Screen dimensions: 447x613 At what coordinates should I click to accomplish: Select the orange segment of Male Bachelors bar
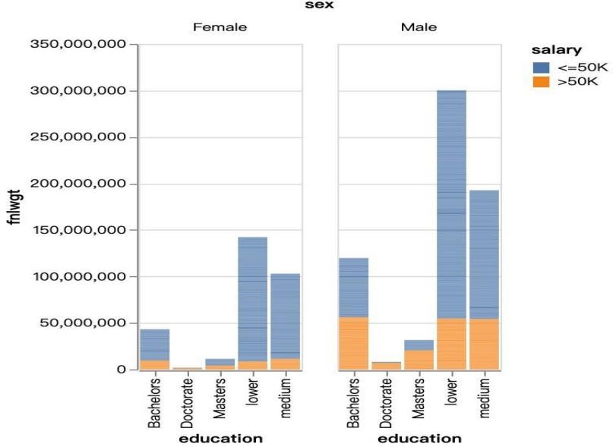click(354, 343)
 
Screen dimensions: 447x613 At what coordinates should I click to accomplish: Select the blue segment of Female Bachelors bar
click(155, 345)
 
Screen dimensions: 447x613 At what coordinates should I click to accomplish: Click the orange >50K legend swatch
click(542, 82)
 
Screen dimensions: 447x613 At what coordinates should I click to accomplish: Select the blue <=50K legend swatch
click(542, 67)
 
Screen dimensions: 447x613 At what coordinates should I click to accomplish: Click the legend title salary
click(557, 50)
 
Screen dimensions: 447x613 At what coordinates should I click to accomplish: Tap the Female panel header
click(220, 27)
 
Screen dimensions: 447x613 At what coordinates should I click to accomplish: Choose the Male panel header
click(419, 27)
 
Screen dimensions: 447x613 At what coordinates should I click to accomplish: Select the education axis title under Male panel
click(419, 438)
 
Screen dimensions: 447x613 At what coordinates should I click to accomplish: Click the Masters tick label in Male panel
click(419, 399)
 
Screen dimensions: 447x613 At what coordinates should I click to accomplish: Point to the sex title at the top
click(313, 5)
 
